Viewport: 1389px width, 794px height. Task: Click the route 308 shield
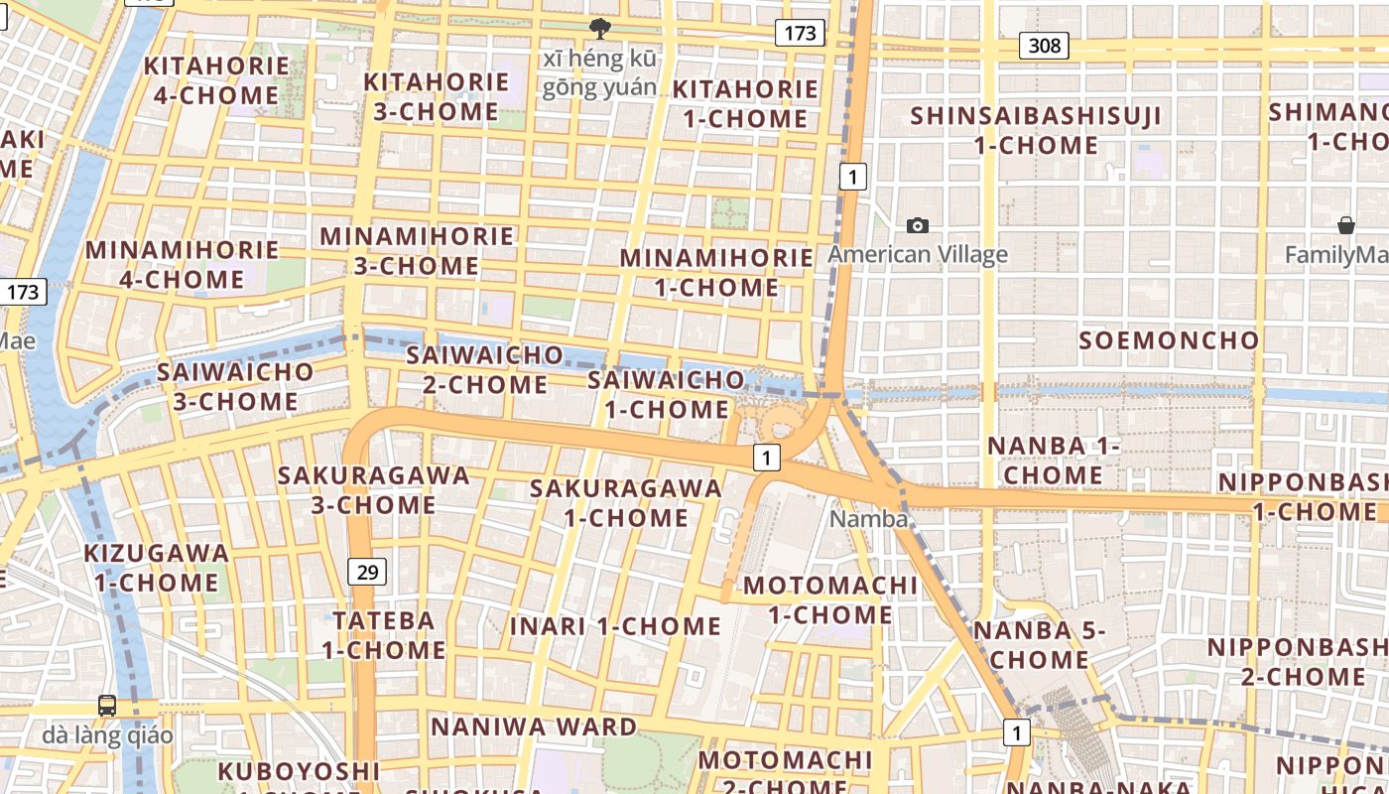1044,45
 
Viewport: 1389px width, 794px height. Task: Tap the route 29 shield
367,571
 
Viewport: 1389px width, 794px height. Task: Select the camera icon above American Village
918,225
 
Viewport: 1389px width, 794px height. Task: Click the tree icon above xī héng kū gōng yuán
599,28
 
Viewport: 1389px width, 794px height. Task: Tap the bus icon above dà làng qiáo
107,706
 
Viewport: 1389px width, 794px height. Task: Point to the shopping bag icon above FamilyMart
1346,225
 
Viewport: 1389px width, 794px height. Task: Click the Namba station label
868,519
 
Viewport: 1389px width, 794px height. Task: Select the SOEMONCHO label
1169,340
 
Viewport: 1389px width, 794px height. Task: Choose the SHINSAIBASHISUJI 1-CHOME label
1036,130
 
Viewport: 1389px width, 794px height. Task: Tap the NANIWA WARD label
534,727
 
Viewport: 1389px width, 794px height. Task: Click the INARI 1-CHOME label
615,626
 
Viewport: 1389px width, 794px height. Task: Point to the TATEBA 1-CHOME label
384,635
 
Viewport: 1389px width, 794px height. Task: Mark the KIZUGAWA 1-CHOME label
157,567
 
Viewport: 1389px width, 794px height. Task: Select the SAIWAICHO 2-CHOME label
485,369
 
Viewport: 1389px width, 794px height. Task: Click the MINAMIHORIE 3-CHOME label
417,251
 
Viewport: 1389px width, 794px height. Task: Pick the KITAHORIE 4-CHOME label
217,80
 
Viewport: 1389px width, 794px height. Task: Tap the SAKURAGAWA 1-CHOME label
626,502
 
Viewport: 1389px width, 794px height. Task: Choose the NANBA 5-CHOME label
1039,644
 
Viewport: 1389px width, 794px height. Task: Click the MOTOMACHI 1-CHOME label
830,599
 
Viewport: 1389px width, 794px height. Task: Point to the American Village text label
918,255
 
